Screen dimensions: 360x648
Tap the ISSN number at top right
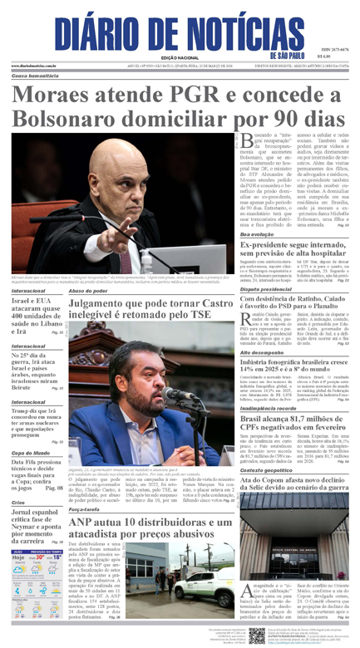point(335,50)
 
